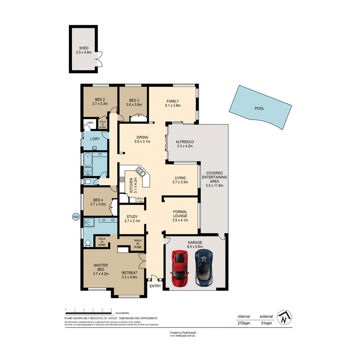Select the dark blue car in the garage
click(x=204, y=267)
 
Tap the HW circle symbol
click(x=76, y=217)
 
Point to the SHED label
click(x=84, y=48)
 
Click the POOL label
click(x=259, y=109)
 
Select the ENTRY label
click(x=156, y=286)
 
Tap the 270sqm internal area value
click(x=243, y=323)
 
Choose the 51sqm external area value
click(x=267, y=323)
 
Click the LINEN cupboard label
click(x=90, y=123)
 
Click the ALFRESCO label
click(x=185, y=142)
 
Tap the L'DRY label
click(x=95, y=139)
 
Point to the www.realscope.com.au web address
click(x=183, y=336)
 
